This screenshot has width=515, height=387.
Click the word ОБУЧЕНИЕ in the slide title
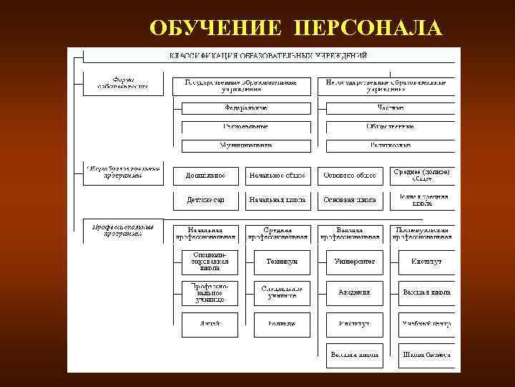217,28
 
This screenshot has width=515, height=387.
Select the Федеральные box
246,108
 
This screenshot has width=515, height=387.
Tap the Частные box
390,108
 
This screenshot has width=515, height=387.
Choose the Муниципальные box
246,145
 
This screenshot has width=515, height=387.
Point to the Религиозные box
390,145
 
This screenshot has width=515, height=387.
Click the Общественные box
390,127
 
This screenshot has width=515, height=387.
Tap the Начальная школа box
278,200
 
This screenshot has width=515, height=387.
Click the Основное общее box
350,175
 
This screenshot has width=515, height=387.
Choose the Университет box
355,262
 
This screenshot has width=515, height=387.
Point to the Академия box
355,292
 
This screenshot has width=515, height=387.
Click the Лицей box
210,324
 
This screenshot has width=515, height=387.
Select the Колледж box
282,324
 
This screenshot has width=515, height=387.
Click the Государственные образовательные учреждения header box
240,86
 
